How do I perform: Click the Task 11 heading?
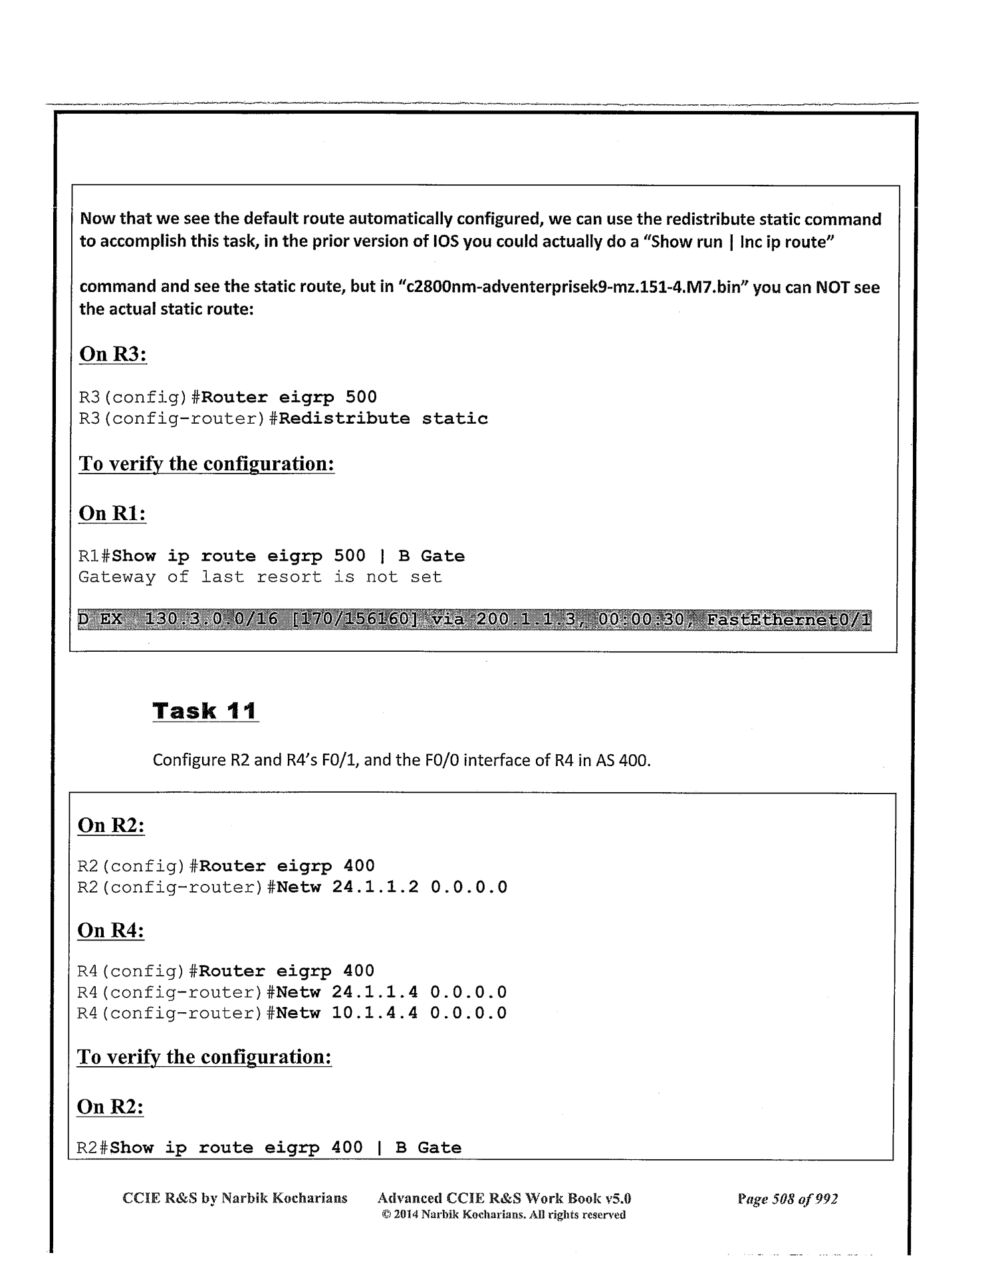[205, 711]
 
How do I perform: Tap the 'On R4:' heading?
[110, 930]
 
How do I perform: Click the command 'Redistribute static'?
[384, 418]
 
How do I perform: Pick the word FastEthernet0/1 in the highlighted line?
[788, 621]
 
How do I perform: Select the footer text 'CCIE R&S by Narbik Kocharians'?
[235, 1198]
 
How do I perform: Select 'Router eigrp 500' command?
[289, 398]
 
